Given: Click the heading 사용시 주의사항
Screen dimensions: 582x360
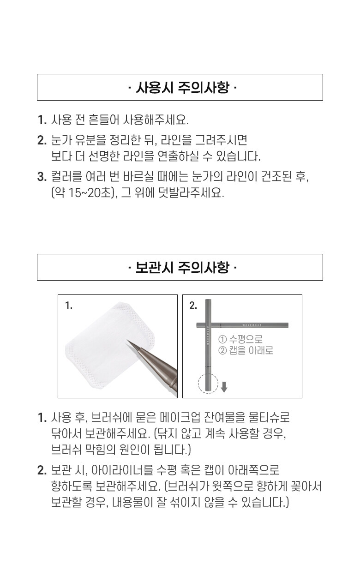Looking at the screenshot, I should click(x=180, y=87).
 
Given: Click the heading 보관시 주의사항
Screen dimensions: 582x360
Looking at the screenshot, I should click(x=180, y=267).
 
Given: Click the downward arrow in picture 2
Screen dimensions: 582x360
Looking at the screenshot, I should click(x=224, y=387).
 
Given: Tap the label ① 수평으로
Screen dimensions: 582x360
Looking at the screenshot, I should click(x=240, y=340).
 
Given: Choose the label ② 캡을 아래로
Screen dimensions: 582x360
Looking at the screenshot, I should click(x=246, y=350).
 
